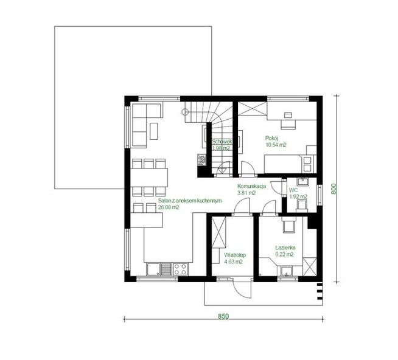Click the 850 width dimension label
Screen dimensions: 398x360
(223, 316)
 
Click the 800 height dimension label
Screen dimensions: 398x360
(333, 189)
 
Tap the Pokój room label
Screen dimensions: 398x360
(272, 138)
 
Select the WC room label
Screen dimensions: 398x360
(293, 190)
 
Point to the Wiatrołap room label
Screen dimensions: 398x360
(235, 255)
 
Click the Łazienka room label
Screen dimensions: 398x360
(285, 247)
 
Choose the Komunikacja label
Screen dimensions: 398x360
(251, 186)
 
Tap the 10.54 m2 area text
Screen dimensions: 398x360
(276, 145)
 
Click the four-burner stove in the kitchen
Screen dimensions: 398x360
(180, 269)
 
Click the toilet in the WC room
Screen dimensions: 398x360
(302, 206)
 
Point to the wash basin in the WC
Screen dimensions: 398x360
(302, 181)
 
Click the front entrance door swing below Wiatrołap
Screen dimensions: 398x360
(240, 290)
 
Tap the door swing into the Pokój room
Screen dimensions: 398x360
(247, 168)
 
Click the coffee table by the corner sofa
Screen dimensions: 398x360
(154, 131)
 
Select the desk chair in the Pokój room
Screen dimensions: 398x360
(288, 124)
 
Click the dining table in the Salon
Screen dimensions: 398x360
(149, 178)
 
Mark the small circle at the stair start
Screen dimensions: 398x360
(185, 112)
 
